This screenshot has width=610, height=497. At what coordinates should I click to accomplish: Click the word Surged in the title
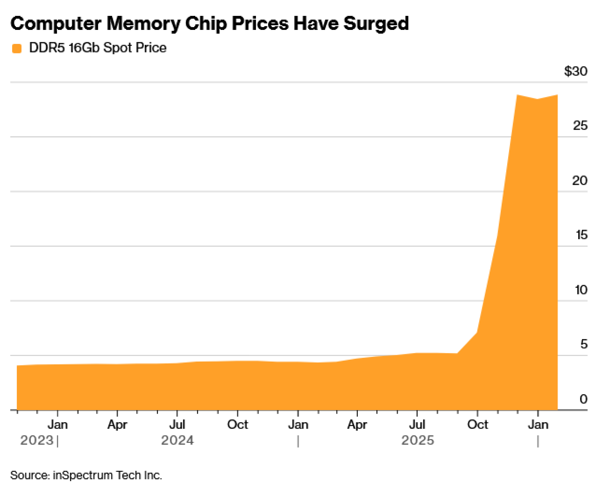coord(376,24)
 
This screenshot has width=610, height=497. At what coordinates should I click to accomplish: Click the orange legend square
coord(17,49)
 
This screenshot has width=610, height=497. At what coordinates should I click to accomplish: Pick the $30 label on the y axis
coord(575,71)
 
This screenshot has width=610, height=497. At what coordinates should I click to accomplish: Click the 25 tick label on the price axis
coord(580,126)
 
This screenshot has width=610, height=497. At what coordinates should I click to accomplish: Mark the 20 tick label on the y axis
coord(579,181)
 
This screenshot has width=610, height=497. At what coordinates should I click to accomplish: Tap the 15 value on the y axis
coord(581,235)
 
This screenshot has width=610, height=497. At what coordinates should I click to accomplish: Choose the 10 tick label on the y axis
coord(581,290)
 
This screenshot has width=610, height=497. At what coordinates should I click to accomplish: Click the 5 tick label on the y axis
coord(583,344)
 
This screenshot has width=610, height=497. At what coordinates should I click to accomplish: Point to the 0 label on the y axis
coord(583,399)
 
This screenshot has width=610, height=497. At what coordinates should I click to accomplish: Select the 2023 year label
coord(37,440)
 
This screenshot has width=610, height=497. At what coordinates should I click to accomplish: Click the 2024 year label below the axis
coord(177,440)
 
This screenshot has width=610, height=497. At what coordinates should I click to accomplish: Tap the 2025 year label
coord(418,440)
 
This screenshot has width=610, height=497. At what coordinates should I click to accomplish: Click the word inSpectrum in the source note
coord(83,475)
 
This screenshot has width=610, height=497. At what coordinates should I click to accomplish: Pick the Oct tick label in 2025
coord(477,425)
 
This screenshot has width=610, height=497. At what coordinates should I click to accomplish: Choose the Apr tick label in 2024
coord(117,425)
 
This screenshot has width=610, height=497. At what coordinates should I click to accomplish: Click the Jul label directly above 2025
coord(417,425)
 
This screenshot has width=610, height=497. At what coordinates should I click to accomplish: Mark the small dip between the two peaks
coord(537,99)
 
